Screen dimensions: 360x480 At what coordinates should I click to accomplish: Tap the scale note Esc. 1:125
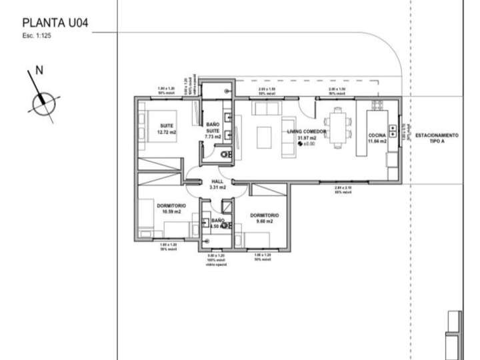click(37, 36)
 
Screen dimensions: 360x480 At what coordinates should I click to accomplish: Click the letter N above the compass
click(39, 70)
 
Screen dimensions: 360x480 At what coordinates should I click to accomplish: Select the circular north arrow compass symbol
click(43, 101)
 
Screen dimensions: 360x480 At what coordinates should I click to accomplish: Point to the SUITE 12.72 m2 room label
click(166, 129)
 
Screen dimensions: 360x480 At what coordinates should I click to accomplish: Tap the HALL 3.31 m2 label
click(217, 185)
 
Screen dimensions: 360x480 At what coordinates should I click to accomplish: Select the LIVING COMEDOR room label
click(307, 132)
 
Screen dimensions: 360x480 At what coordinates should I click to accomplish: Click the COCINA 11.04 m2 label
click(377, 139)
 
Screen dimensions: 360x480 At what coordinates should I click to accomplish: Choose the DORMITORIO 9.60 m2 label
click(264, 219)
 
